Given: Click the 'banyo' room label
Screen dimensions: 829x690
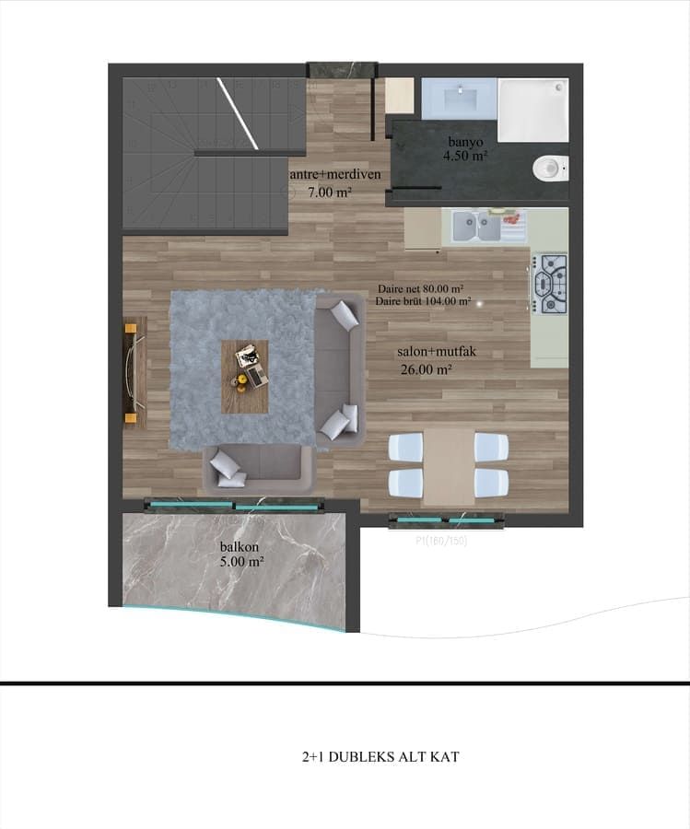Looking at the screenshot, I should pos(465,142).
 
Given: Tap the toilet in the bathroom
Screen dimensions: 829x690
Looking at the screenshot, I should pos(550,168).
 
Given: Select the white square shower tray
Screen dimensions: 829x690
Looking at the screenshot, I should pos(532,110).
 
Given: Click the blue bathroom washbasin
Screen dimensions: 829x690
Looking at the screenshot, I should pos(458,94).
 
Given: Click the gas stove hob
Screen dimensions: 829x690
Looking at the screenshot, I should pos(552,284).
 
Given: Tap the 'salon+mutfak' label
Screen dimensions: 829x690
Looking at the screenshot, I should pos(436,352).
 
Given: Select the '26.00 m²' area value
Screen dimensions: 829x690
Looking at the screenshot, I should pos(426,370).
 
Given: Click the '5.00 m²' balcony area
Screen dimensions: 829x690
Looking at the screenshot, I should pos(241,561).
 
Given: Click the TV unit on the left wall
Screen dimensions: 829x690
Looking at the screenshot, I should pos(134,371).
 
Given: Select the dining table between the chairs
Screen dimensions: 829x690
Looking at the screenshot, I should pos(449,465).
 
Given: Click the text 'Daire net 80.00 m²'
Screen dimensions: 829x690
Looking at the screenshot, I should pos(420,288).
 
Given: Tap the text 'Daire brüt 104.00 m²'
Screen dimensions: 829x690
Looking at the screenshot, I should pos(424,301).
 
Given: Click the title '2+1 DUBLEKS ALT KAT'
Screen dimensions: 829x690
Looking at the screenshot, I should pos(380,757).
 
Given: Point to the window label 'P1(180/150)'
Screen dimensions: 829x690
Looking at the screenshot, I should pos(441,541).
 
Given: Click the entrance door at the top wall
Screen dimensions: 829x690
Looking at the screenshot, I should pos(342,70).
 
